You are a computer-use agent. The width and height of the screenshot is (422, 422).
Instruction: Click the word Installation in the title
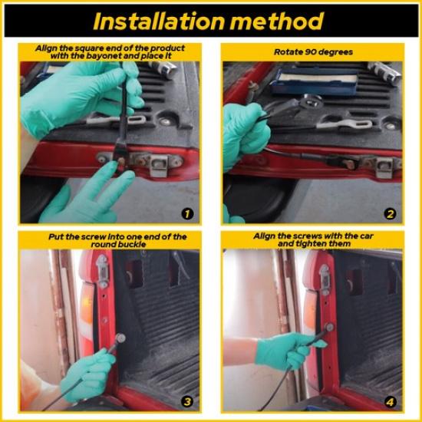(159, 21)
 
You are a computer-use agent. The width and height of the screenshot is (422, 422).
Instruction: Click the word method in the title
(277, 21)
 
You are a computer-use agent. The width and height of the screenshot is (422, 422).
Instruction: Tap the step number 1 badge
(187, 214)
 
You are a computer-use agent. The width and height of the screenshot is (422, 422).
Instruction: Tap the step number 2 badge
(390, 214)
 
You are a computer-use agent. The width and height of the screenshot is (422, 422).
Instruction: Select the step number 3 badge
(187, 402)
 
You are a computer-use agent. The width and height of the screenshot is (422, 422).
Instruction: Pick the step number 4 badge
(390, 402)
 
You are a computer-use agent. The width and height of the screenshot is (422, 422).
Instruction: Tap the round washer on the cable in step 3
(120, 338)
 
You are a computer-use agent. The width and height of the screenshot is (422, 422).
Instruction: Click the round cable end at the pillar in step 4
(329, 328)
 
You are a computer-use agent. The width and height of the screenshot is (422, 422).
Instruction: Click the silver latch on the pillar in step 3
(103, 270)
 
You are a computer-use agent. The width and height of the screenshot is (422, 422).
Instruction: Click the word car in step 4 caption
(366, 236)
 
